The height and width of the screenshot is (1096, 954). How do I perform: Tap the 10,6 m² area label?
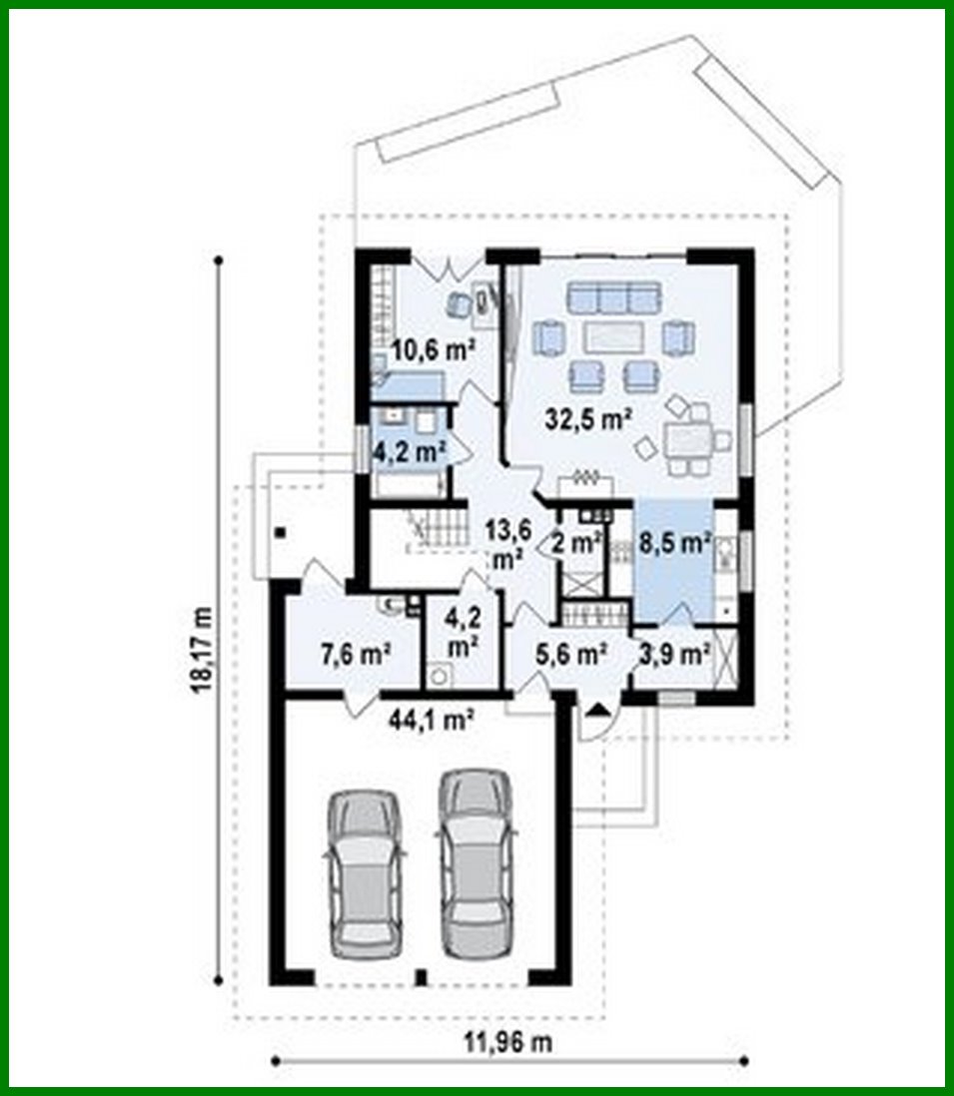click(x=432, y=349)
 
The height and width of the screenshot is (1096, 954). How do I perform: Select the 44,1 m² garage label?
click(x=431, y=716)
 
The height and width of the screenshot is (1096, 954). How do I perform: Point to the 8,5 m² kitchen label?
click(x=674, y=545)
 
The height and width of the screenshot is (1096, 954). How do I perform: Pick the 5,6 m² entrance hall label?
click(x=572, y=655)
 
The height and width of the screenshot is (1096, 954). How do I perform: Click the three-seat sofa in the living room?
click(x=613, y=296)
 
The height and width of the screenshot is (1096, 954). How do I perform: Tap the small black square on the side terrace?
click(x=284, y=532)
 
